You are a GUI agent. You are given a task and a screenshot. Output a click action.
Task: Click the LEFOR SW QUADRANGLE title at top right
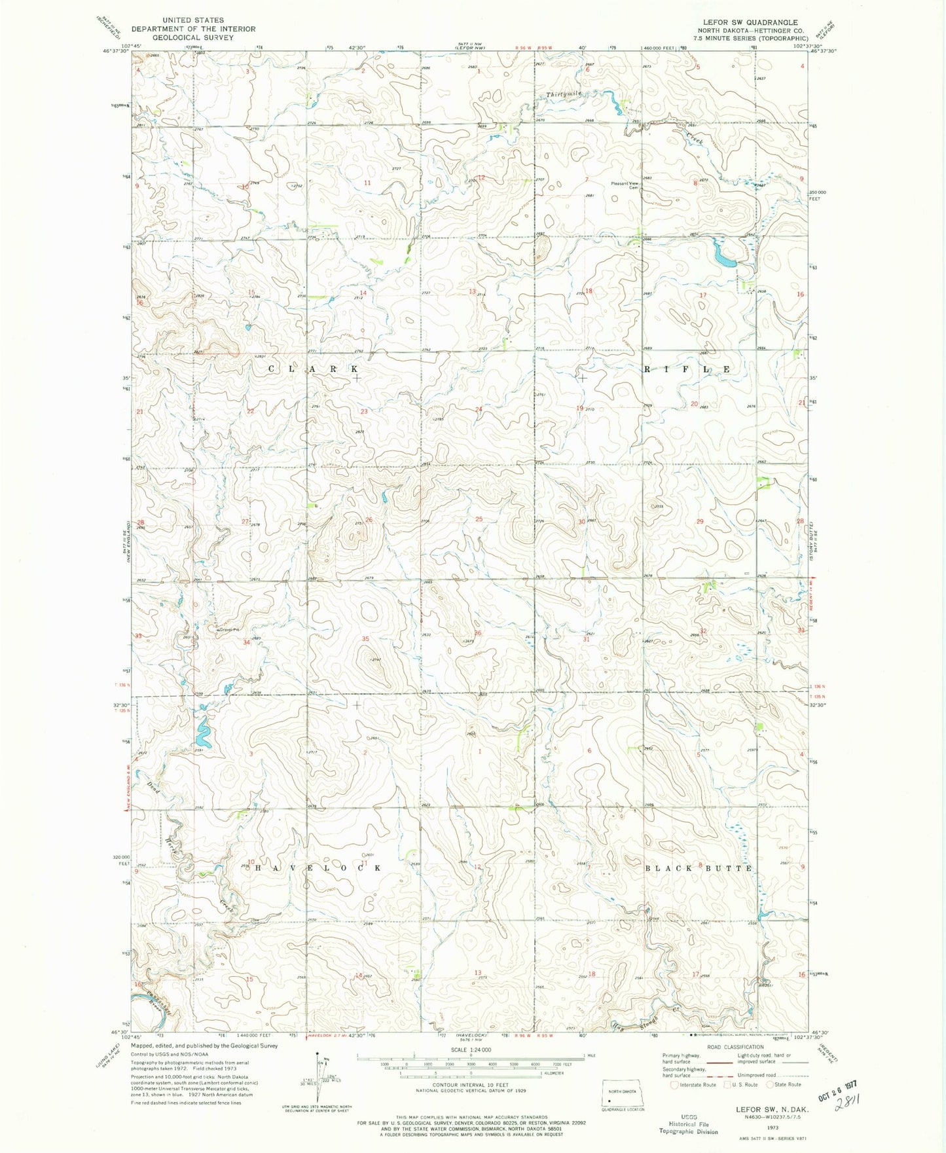tap(750, 22)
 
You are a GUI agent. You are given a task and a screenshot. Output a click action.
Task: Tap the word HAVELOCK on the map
tap(316, 868)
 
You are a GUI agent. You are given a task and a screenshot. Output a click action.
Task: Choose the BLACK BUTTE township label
tap(699, 868)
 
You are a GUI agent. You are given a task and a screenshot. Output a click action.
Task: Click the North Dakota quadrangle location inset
tap(622, 1089)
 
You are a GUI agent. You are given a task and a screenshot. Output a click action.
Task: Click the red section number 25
tap(479, 519)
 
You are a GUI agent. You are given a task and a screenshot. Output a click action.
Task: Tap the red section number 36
tap(479, 633)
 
